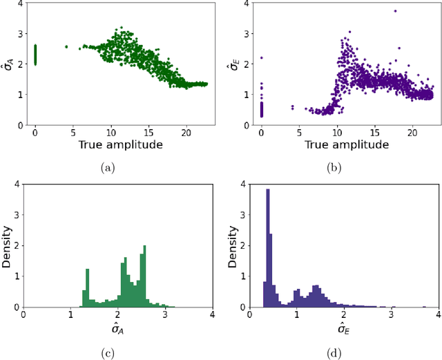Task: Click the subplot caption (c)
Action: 107,353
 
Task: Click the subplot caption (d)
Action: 334,353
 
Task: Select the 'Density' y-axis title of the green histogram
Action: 7,245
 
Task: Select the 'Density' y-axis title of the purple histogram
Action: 233,245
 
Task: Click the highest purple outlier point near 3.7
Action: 395,11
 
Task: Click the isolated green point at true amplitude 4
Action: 66,47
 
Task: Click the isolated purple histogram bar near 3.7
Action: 423,307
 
